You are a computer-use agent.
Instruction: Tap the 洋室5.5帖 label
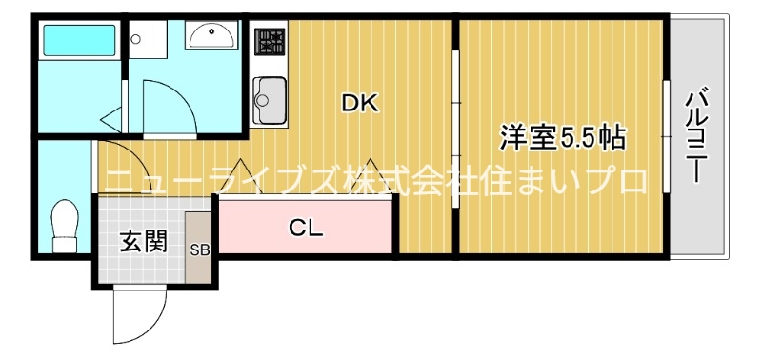[x=563, y=139]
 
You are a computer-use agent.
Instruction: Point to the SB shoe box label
[x=200, y=251]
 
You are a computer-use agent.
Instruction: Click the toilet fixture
[x=65, y=227]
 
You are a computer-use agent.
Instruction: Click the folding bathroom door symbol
[x=112, y=118]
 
